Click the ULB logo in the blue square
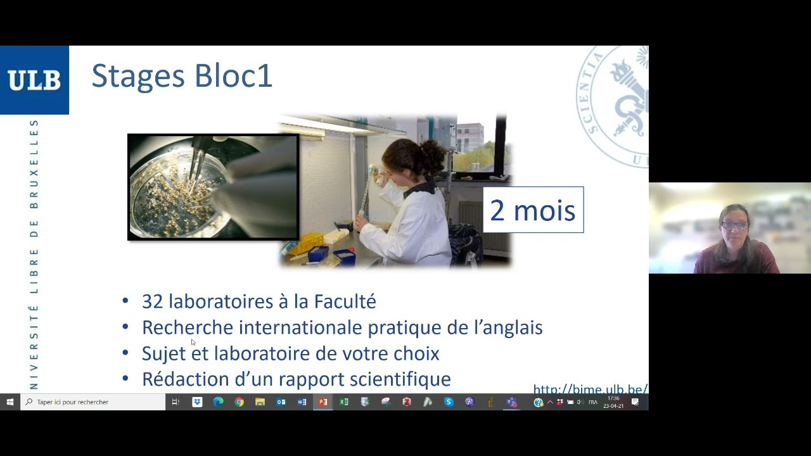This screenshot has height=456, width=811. [34, 80]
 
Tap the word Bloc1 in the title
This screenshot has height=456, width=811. [233, 76]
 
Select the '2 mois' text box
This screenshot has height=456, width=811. [533, 210]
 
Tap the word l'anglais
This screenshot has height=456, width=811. [508, 327]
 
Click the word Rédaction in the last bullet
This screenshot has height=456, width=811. [186, 379]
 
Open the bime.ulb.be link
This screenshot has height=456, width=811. [590, 389]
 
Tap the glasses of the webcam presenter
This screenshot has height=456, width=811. [734, 225]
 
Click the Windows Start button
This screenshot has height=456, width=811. [10, 402]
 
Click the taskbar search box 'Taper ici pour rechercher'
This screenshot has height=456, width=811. [93, 402]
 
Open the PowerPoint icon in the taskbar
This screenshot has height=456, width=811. [322, 402]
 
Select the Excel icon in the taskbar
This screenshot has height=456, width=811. [343, 402]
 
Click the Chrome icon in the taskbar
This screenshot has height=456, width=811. [239, 402]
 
